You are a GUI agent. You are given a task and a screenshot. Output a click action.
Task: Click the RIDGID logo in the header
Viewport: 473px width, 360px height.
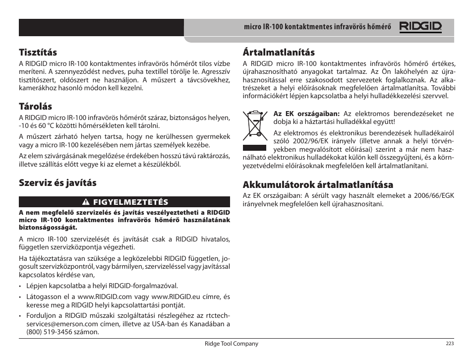(421, 27)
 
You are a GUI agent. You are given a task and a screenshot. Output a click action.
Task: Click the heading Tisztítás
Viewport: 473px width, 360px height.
(38, 52)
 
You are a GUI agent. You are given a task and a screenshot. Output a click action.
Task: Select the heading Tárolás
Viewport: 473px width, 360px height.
(35, 106)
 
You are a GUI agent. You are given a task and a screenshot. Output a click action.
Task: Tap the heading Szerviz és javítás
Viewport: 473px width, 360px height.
(58, 182)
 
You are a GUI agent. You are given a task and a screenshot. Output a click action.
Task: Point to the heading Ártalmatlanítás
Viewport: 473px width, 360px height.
(279, 52)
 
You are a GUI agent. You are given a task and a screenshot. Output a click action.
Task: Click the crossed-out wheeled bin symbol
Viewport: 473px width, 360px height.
(254, 127)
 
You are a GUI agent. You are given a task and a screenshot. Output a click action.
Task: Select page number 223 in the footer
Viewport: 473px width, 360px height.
(450, 344)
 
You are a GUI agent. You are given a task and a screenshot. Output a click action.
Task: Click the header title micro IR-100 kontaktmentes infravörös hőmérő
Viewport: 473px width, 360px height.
(317, 27)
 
